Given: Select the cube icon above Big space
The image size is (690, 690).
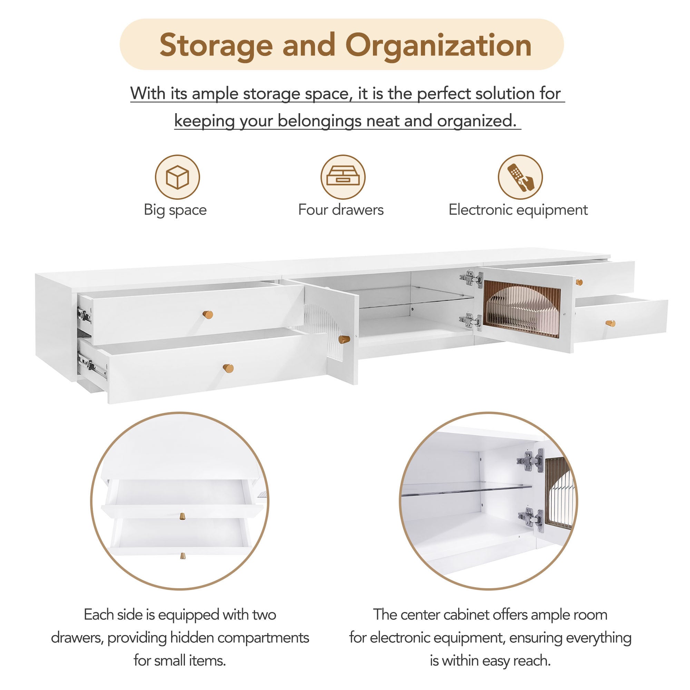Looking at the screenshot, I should click(x=177, y=177).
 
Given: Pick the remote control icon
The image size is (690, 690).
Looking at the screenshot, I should click(x=520, y=177).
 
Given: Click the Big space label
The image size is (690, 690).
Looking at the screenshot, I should click(x=175, y=210).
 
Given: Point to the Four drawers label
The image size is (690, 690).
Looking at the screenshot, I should click(x=341, y=210).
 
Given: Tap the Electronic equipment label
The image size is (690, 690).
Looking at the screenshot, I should click(x=518, y=210).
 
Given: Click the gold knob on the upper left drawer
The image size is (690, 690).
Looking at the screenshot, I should click(x=208, y=315).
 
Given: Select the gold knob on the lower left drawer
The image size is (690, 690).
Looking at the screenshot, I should click(x=228, y=368).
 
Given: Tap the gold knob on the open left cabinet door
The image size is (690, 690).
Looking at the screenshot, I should click(x=344, y=339).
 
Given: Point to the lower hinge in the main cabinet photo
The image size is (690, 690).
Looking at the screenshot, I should click(x=471, y=321).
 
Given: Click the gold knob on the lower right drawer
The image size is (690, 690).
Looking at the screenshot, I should click(x=610, y=323).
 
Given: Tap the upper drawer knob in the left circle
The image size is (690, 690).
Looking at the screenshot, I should click(x=183, y=516).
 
